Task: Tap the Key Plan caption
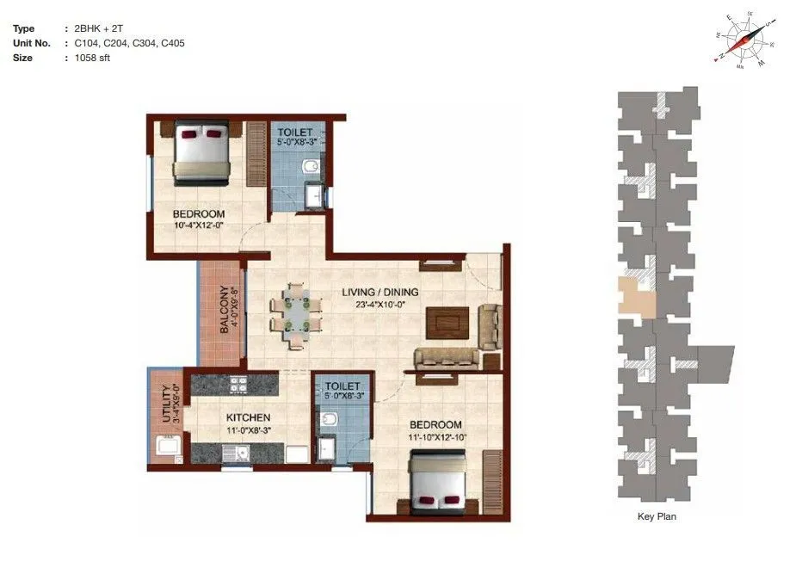click(658, 516)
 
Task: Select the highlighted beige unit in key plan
click(635, 296)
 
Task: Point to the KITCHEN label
click(225, 417)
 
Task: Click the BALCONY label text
click(224, 309)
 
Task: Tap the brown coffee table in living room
click(447, 322)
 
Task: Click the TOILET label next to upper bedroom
click(294, 132)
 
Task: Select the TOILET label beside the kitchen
click(342, 386)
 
